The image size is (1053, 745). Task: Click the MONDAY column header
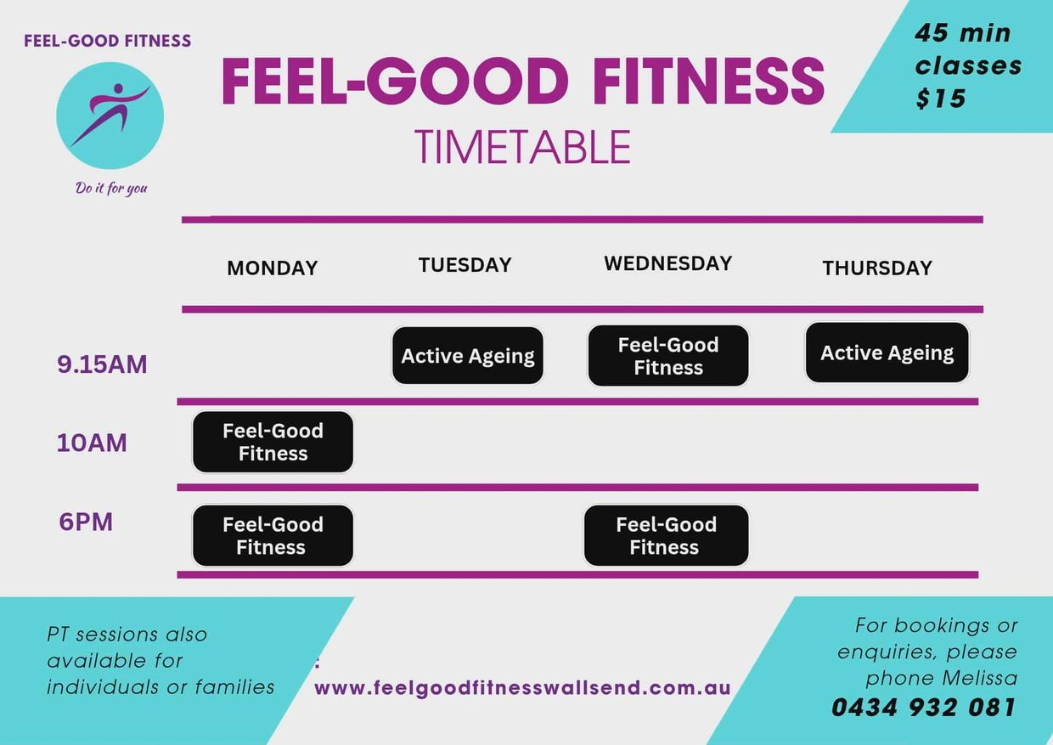(273, 268)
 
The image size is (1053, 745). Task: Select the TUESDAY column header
(465, 265)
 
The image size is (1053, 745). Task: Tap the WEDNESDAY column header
(668, 263)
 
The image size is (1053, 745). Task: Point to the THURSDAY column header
(877, 268)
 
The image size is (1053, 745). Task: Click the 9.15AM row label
(102, 364)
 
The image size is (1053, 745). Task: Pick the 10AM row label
(92, 443)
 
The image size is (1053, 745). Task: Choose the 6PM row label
(86, 522)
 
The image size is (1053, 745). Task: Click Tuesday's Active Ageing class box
(468, 356)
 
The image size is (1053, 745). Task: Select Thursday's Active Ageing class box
(887, 353)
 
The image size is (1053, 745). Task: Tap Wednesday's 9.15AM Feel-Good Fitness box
(668, 356)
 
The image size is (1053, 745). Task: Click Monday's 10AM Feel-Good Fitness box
(273, 442)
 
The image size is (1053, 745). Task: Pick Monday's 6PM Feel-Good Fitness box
(273, 536)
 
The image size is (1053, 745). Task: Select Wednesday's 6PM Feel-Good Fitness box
(666, 536)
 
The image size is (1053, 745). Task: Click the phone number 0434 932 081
(924, 708)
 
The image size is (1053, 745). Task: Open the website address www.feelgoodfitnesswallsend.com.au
(522, 688)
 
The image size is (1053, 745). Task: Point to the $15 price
(941, 99)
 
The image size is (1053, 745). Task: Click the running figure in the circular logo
(110, 114)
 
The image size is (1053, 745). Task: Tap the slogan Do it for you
(111, 188)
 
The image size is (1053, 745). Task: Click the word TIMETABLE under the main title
(522, 148)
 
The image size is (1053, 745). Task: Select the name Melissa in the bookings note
(980, 678)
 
